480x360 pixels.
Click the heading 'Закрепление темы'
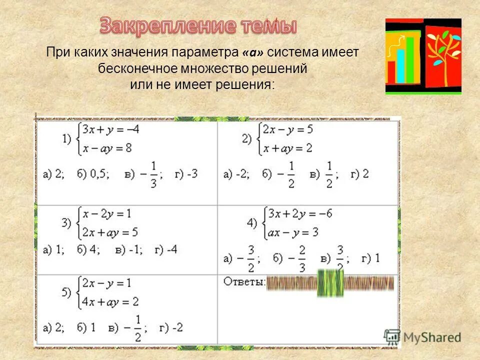[x=198, y=25]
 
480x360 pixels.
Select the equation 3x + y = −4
[x=110, y=130]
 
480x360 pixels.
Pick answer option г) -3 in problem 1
[x=185, y=174]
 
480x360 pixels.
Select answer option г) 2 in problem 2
[x=359, y=174]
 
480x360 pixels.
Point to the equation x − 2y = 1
[x=107, y=214]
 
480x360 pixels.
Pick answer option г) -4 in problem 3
[x=166, y=249]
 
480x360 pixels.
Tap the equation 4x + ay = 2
[x=110, y=301]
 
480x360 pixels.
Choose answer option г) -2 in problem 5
[x=171, y=327]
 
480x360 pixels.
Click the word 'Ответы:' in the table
[x=244, y=282]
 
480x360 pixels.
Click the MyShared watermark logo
[x=423, y=337]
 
